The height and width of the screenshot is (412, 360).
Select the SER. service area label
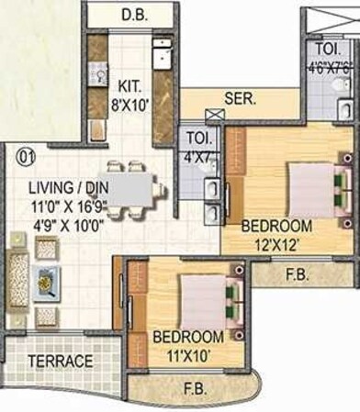tap(241, 99)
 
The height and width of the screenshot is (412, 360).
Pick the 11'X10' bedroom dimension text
tap(188, 351)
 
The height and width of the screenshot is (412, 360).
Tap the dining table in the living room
tap(133, 190)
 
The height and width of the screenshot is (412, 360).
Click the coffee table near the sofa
tap(47, 283)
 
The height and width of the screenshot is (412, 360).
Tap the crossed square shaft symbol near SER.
tap(216, 114)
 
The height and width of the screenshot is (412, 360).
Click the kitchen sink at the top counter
tap(161, 54)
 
